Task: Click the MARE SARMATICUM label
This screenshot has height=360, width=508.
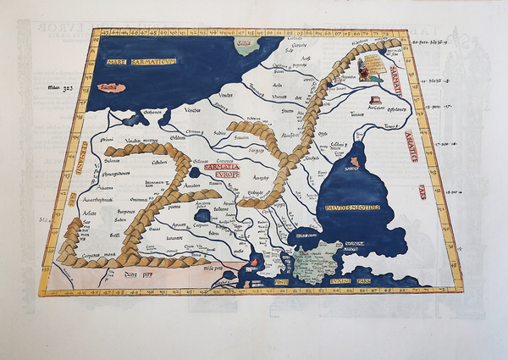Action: (x=140, y=62)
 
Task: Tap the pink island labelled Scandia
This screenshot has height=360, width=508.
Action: (x=108, y=87)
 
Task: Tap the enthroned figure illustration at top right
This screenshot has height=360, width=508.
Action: (x=365, y=69)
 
